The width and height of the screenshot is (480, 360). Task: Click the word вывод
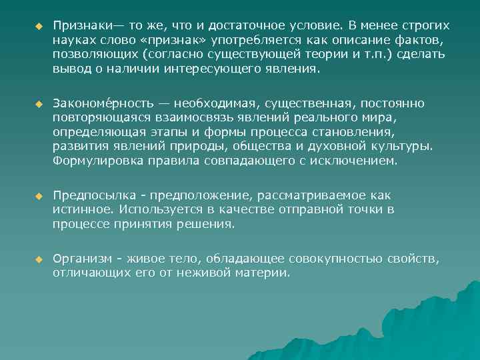[x=70, y=71]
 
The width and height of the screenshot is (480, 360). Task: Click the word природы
[x=221, y=147]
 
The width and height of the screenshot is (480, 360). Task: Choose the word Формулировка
[x=94, y=161]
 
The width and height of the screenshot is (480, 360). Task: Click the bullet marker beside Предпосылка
[x=39, y=195]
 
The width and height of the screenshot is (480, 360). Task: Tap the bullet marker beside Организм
[x=39, y=258]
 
